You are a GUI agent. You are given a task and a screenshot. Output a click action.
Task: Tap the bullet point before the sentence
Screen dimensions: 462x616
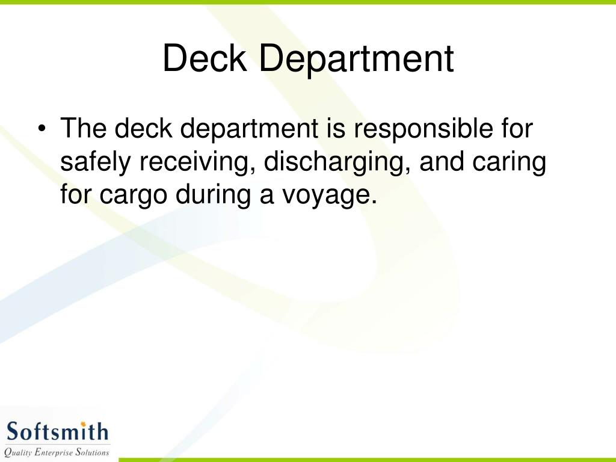point(41,129)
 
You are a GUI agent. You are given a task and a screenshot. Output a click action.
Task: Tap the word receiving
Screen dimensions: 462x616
point(193,162)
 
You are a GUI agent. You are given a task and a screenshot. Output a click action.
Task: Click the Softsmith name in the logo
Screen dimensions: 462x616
point(57,431)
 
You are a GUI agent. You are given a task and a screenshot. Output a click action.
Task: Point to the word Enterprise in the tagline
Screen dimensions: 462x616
point(52,452)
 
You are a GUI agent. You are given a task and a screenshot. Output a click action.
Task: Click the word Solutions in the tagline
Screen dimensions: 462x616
point(91,452)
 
